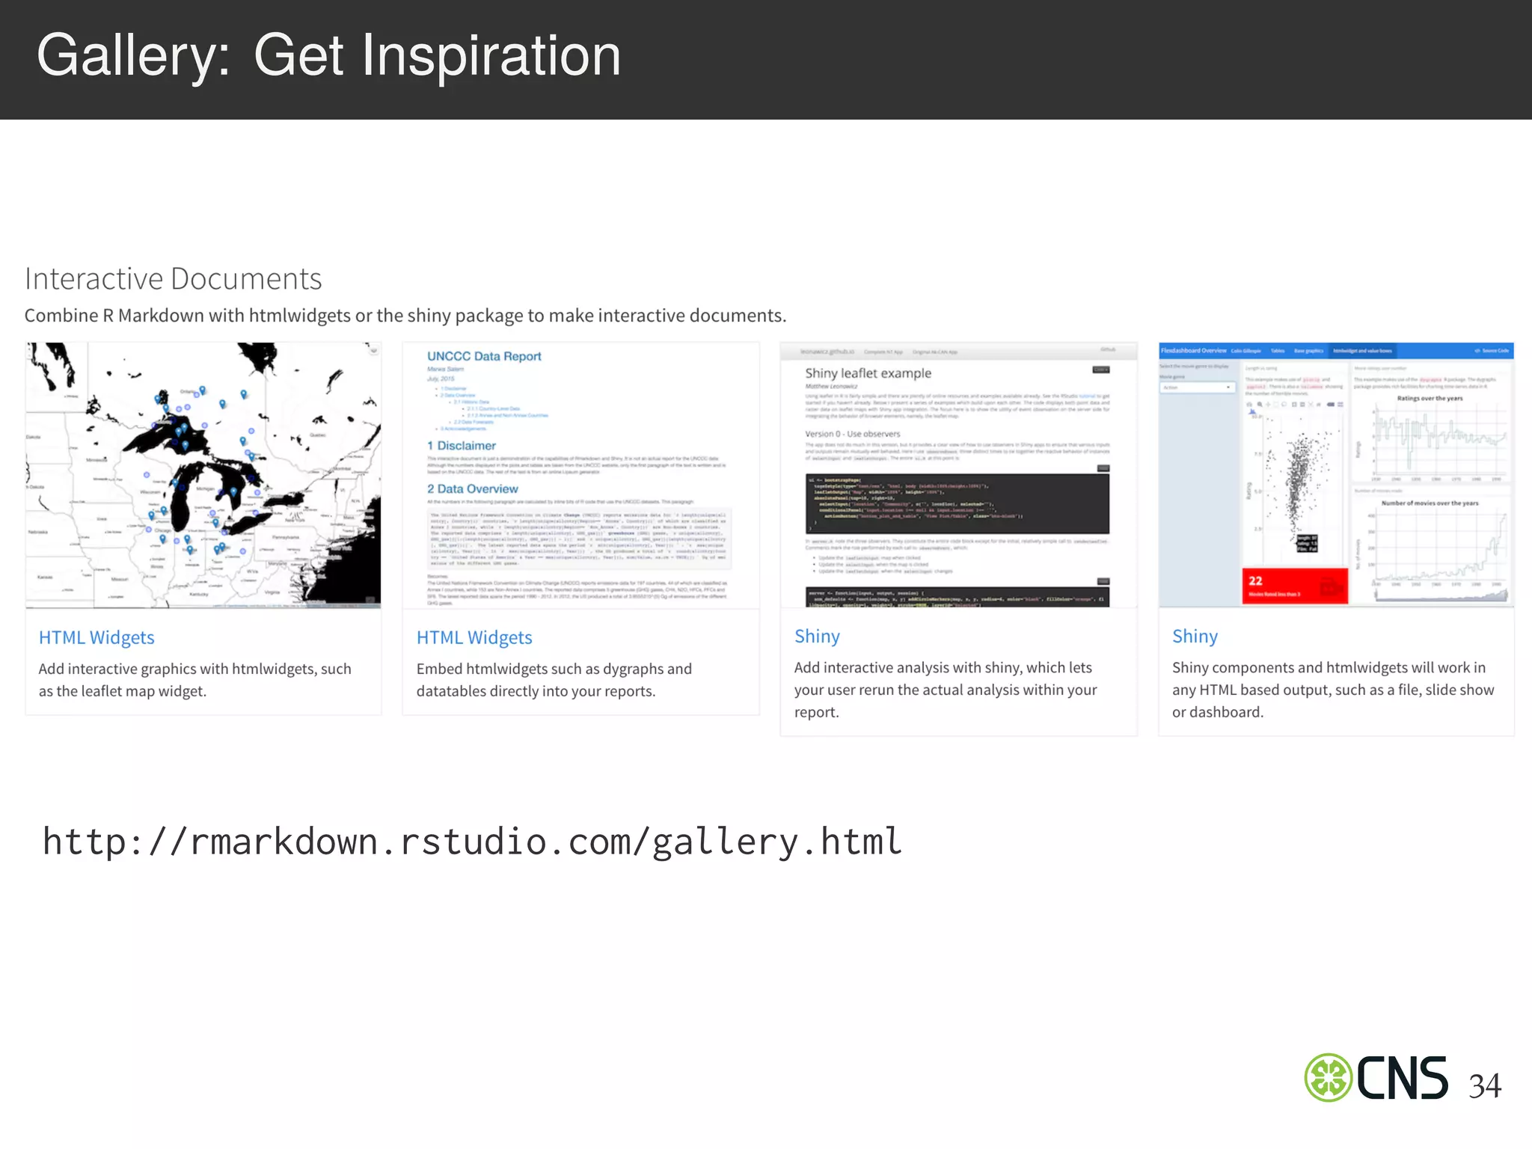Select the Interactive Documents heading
pos(173,279)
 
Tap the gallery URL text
pos(472,842)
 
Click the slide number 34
pos(1484,1086)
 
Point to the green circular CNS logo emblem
pos(1328,1078)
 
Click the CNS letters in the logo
pos(1402,1078)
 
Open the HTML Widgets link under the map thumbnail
pos(96,637)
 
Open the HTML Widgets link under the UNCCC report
pos(474,637)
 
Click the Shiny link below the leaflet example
pos(817,636)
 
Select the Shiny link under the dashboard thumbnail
pos(1195,636)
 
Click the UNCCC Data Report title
pos(484,356)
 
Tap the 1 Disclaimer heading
pos(462,446)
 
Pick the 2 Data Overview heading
pos(473,489)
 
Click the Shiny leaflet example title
pos(868,373)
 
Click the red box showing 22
pos(1294,586)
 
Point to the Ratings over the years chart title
pos(1430,399)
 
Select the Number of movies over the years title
pos(1430,503)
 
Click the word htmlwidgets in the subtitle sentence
pos(299,316)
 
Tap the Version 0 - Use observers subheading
pos(852,434)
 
